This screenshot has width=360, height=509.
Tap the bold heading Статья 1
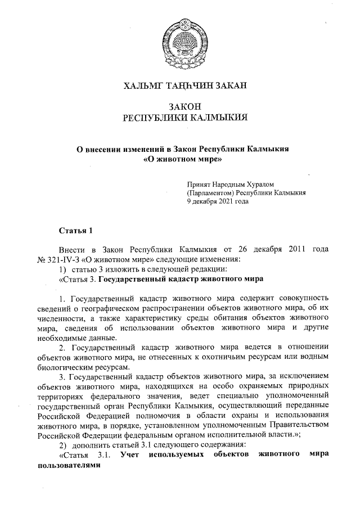click(x=74, y=231)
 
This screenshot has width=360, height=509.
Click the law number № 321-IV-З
click(x=60, y=259)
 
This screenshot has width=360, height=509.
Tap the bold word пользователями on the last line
click(x=71, y=466)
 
